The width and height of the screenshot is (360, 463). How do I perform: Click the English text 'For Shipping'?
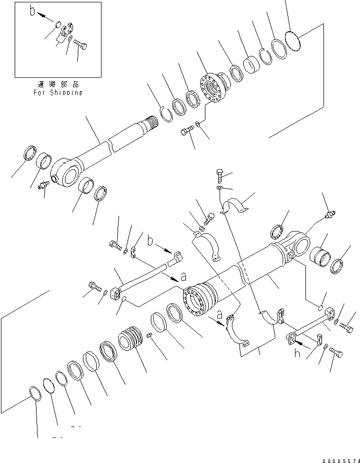tap(57, 93)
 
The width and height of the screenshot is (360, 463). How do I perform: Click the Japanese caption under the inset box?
tap(57, 84)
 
